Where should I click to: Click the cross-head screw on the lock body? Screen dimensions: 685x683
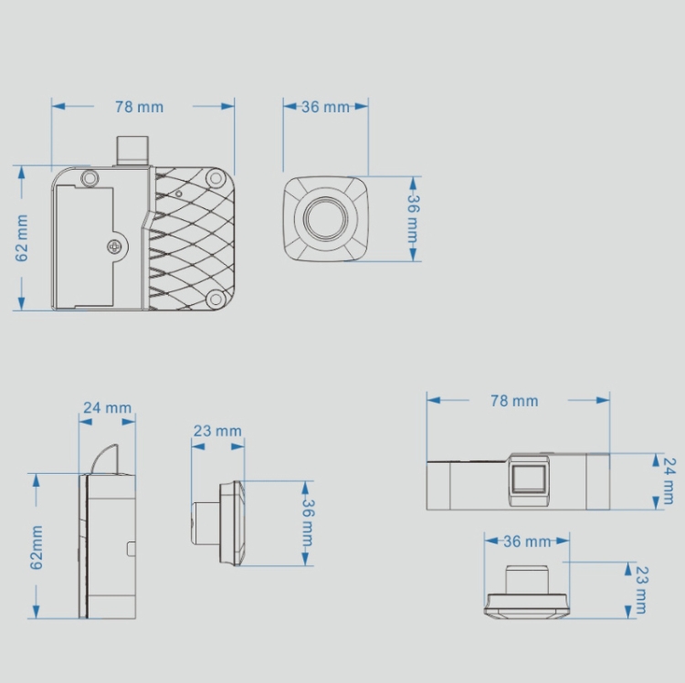pos(115,247)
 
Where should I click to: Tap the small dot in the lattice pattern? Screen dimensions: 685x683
pos(179,194)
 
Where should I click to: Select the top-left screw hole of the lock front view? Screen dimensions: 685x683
pos(90,178)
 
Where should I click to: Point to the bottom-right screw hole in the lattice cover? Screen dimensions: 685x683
pos(216,299)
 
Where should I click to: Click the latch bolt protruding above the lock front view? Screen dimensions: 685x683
pos(132,151)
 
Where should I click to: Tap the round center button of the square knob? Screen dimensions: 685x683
pos(326,218)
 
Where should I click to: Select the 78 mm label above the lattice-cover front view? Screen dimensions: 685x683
pos(139,107)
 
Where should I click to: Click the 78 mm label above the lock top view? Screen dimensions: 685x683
pos(514,401)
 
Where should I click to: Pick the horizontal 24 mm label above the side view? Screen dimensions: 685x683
pos(108,407)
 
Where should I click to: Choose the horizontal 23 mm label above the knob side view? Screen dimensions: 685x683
pos(217,431)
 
